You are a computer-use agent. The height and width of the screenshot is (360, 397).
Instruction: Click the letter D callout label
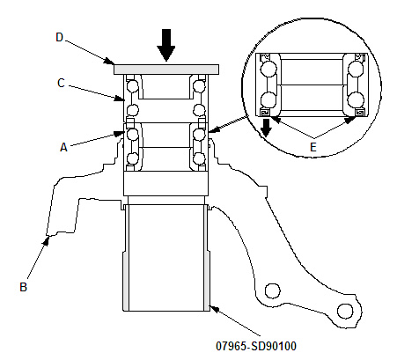pyautogui.click(x=60, y=37)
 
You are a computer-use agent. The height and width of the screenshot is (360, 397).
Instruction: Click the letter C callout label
pyautogui.click(x=61, y=83)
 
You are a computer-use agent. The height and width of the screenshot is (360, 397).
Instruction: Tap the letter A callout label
pyautogui.click(x=63, y=147)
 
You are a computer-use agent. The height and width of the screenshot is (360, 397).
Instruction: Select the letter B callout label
pyautogui.click(x=23, y=287)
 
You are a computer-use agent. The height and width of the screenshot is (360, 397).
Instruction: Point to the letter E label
pyautogui.click(x=313, y=147)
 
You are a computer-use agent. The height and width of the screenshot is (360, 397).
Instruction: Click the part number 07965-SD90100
pyautogui.click(x=256, y=346)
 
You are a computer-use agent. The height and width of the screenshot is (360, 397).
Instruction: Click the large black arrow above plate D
pyautogui.click(x=166, y=45)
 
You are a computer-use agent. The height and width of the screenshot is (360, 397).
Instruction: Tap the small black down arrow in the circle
pyautogui.click(x=266, y=128)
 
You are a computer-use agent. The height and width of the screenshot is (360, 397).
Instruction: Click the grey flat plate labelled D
pyautogui.click(x=166, y=70)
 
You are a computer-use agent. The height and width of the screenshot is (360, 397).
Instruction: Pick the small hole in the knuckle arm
pyautogui.click(x=272, y=290)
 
